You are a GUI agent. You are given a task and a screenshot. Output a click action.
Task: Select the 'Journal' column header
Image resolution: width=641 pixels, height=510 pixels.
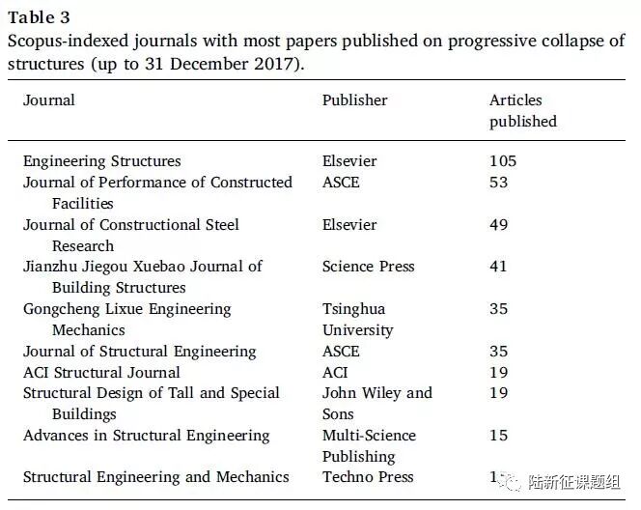pos(49,100)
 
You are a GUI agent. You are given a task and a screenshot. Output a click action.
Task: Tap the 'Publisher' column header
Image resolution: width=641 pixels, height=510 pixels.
pos(354,100)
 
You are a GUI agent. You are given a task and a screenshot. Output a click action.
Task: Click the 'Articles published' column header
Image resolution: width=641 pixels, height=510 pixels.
pos(522,111)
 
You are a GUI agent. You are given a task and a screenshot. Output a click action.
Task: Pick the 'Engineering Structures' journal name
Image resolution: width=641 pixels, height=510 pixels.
pos(102,161)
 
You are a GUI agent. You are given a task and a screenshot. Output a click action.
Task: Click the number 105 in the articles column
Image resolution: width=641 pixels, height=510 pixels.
pos(503,161)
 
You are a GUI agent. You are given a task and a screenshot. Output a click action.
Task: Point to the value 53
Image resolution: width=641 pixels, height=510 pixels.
pos(498,183)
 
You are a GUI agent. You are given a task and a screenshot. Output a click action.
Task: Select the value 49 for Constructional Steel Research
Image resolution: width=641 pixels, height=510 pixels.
pos(498,225)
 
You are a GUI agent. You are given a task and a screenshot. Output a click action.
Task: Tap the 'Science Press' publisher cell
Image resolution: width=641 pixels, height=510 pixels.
pos(368,267)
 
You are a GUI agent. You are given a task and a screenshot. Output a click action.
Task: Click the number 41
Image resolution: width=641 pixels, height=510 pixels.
pos(498,267)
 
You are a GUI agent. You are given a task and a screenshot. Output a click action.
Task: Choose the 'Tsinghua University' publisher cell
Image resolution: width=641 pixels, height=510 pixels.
pos(357,320)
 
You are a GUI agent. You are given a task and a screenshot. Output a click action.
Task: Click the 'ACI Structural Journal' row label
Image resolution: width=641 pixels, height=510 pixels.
pos(101,373)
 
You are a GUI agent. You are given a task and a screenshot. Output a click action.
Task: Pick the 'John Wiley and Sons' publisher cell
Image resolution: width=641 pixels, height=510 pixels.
pos(376,404)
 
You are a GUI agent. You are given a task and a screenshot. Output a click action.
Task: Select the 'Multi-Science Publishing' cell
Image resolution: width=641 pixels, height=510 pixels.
pos(369,446)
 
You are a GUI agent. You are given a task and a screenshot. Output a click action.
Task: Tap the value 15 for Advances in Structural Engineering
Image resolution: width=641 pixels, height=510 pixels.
pos(498,436)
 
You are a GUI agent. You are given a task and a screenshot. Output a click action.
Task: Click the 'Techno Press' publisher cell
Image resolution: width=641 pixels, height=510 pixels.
pos(368,477)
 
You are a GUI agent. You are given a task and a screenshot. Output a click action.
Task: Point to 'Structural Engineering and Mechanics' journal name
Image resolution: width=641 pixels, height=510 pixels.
pos(156,477)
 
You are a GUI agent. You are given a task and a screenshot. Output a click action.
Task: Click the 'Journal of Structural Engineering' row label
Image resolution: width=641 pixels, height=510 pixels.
pos(140,352)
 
